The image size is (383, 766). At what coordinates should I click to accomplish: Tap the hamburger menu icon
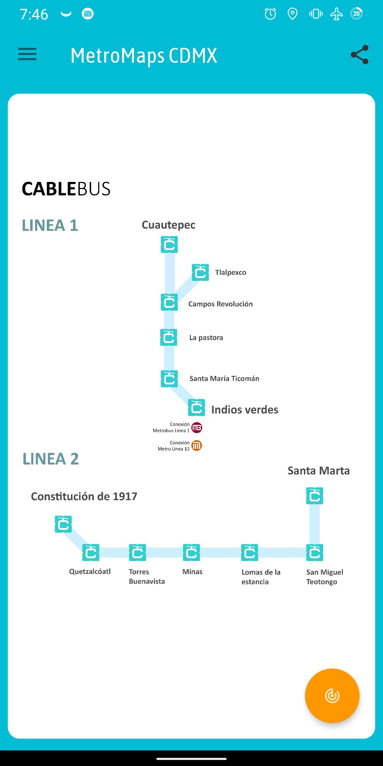click(27, 54)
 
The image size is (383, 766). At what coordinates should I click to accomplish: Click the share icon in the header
click(360, 55)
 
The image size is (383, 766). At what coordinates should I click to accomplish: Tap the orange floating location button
click(332, 695)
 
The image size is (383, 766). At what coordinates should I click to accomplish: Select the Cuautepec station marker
click(169, 244)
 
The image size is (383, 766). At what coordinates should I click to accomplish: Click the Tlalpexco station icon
click(200, 272)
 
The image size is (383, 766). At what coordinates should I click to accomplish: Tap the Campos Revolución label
click(221, 304)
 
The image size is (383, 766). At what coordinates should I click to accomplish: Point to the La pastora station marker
click(169, 337)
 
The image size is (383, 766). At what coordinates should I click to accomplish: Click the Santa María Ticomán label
click(224, 378)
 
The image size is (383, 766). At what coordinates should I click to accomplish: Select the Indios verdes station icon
click(196, 407)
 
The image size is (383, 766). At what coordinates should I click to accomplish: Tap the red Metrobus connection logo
click(197, 428)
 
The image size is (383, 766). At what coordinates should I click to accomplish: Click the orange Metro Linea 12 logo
click(197, 445)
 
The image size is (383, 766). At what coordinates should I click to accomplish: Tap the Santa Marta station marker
click(315, 496)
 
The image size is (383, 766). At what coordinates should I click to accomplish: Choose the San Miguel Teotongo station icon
click(315, 553)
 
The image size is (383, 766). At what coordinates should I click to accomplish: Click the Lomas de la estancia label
click(261, 577)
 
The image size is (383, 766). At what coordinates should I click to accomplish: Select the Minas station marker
click(191, 553)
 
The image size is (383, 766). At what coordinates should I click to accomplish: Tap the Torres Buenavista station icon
click(138, 553)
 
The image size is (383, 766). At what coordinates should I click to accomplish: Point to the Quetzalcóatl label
click(90, 571)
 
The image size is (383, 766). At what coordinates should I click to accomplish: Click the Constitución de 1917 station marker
click(63, 524)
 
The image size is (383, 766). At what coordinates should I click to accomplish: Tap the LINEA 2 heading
click(51, 459)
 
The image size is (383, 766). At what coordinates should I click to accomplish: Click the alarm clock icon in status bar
click(270, 14)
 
